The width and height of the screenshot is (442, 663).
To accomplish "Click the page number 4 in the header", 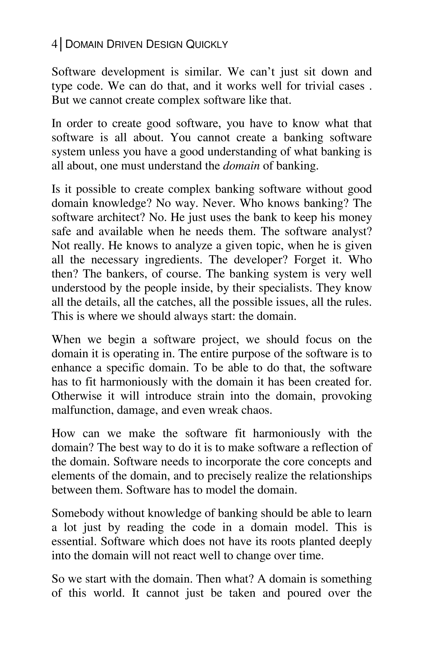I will (54, 44).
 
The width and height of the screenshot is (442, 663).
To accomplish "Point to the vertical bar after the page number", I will (62, 44).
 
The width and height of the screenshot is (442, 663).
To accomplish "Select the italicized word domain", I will (241, 166).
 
